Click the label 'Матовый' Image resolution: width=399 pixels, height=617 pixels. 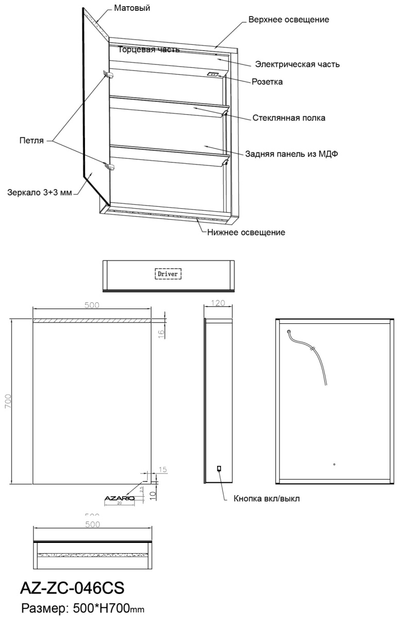tap(132, 9)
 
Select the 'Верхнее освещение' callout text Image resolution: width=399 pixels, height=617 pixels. tap(288, 20)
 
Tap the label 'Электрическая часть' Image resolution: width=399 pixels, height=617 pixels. tap(298, 65)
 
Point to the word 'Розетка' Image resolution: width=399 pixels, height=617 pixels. tap(267, 81)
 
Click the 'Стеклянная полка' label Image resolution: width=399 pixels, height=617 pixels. tap(289, 118)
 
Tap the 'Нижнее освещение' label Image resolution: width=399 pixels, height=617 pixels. tap(246, 232)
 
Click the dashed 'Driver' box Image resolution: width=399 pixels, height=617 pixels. tap(169, 274)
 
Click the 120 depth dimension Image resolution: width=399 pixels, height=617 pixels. tap(219, 303)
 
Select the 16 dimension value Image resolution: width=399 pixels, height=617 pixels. tap(161, 333)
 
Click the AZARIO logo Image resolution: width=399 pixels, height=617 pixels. tap(119, 498)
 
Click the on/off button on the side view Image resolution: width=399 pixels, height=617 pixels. tap(219, 468)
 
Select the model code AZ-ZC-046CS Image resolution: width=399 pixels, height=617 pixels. tap(73, 587)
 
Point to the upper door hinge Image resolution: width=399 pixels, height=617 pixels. tap(108, 75)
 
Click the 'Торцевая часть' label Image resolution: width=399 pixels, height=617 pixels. tap(149, 50)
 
